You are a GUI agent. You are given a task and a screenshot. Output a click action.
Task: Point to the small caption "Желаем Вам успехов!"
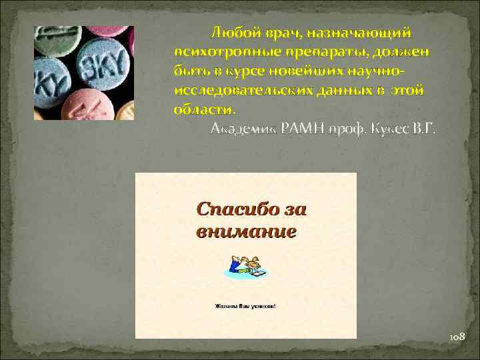(245, 307)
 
